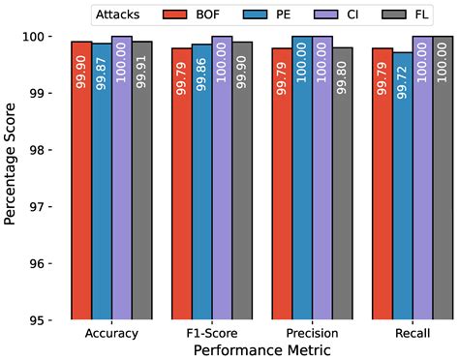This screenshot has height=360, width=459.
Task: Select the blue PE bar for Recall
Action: pyautogui.click(x=402, y=184)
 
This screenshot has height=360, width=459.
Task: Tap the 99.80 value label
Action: pyautogui.click(x=342, y=73)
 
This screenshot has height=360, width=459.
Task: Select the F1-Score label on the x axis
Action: pyautogui.click(x=212, y=334)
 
